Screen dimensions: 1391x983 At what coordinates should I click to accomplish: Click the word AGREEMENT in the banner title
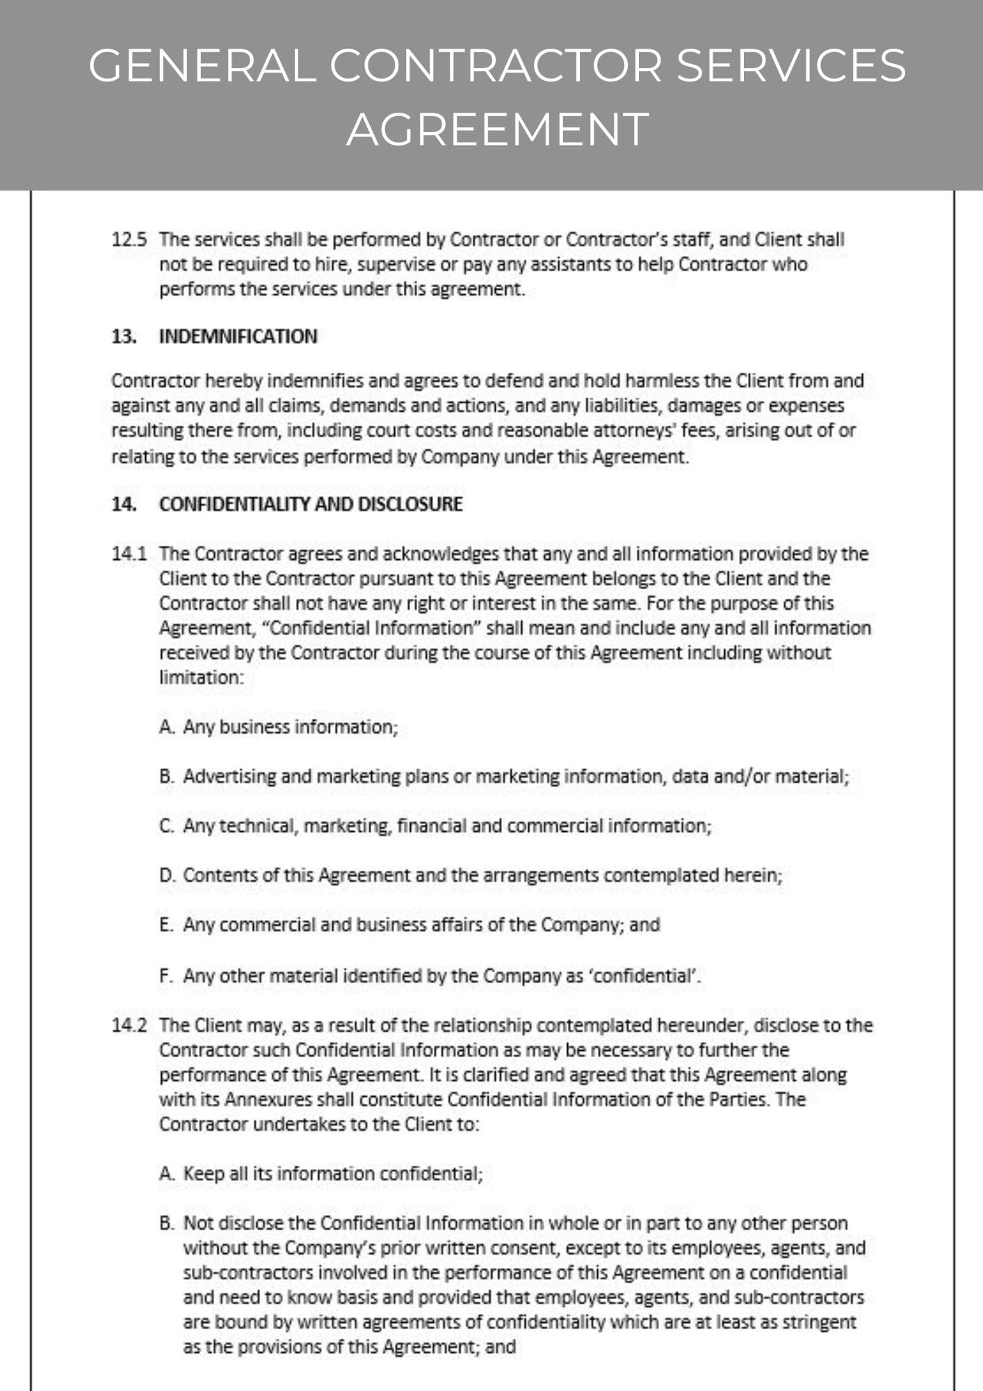click(x=498, y=129)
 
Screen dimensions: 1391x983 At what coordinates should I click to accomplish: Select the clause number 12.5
click(x=129, y=240)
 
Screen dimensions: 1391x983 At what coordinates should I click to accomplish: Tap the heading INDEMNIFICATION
click(x=238, y=337)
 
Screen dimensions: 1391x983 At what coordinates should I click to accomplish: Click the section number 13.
click(x=124, y=337)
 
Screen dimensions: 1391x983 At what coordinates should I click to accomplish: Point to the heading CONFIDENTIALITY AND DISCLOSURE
click(x=310, y=504)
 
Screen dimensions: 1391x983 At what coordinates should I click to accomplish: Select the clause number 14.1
click(x=129, y=554)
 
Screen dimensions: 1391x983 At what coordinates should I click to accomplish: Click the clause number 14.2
click(x=129, y=1025)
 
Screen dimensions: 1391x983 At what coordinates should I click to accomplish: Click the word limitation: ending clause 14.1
click(x=202, y=677)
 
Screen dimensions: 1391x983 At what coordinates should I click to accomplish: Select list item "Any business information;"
click(x=290, y=727)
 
